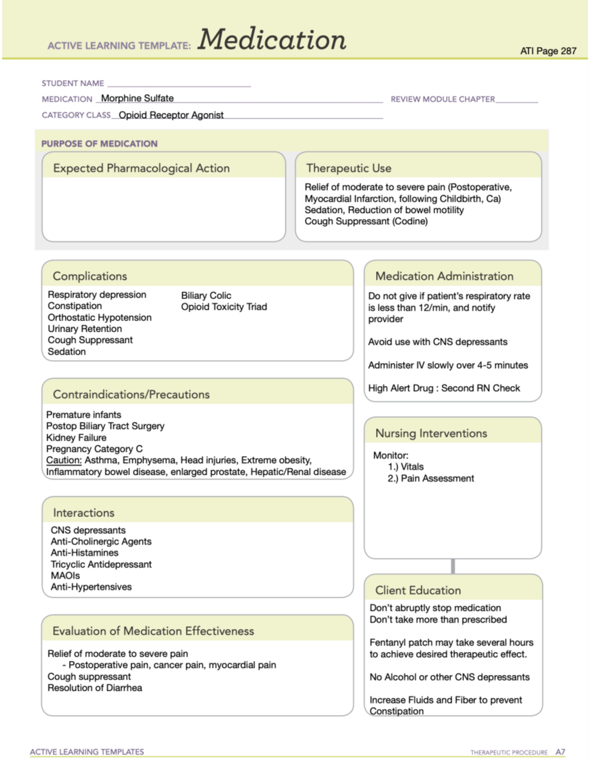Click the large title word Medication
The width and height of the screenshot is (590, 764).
[x=272, y=40]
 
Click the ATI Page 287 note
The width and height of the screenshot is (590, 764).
[x=548, y=51]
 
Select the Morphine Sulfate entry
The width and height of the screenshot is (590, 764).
[x=137, y=98]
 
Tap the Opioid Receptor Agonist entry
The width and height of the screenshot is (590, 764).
[x=171, y=115]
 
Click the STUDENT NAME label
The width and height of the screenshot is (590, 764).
[x=73, y=84]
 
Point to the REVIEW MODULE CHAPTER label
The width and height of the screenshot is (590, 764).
[x=442, y=99]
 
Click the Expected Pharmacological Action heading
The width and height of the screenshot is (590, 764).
[x=141, y=168]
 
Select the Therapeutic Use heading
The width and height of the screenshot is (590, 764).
[x=349, y=168]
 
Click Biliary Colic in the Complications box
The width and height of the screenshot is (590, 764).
[x=206, y=296]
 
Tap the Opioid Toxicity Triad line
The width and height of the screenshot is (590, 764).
[x=224, y=307]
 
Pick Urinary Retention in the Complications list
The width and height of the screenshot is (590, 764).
[x=85, y=329]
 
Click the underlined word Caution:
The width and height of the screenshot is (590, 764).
[x=64, y=460]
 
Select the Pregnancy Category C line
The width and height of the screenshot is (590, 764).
[x=94, y=449]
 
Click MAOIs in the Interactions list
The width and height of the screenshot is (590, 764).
[x=65, y=576]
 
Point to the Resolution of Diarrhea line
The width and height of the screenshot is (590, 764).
[x=94, y=688]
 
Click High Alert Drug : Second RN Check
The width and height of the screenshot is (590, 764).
[x=443, y=388]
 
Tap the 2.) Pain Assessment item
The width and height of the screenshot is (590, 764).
[x=431, y=479]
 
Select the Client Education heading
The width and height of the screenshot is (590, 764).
[x=418, y=590]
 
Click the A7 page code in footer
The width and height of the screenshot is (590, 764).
[x=560, y=752]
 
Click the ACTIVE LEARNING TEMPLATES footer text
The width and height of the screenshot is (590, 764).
[x=87, y=752]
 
